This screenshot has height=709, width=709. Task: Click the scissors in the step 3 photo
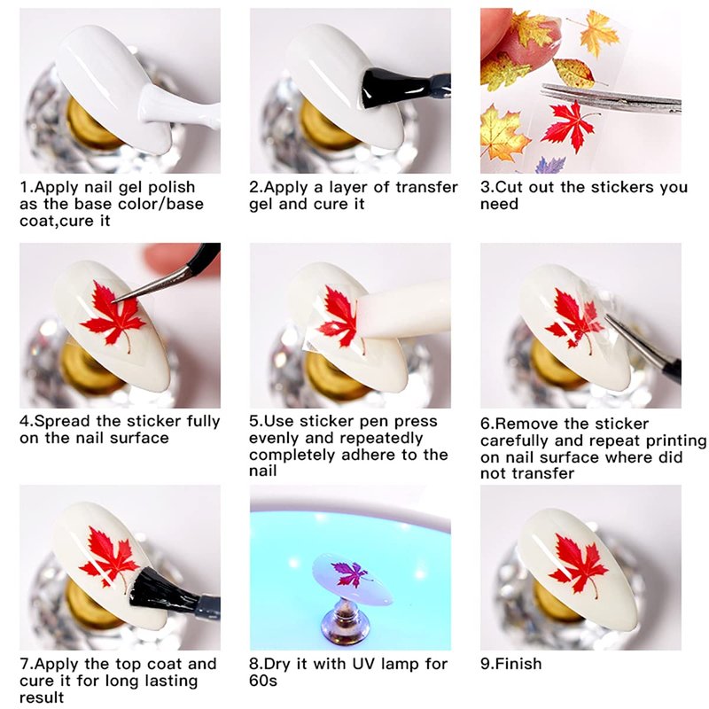[x=612, y=97]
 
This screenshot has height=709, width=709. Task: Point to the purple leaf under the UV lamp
[x=350, y=573]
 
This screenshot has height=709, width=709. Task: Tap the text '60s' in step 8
[x=262, y=681]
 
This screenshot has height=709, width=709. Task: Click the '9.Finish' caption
[x=511, y=663]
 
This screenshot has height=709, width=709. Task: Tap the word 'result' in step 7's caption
[x=42, y=697]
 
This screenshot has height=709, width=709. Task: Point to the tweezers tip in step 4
[x=113, y=300]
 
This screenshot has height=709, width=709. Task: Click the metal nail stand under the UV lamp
[x=345, y=620]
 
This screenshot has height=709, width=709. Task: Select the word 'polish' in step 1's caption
[x=171, y=188]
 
